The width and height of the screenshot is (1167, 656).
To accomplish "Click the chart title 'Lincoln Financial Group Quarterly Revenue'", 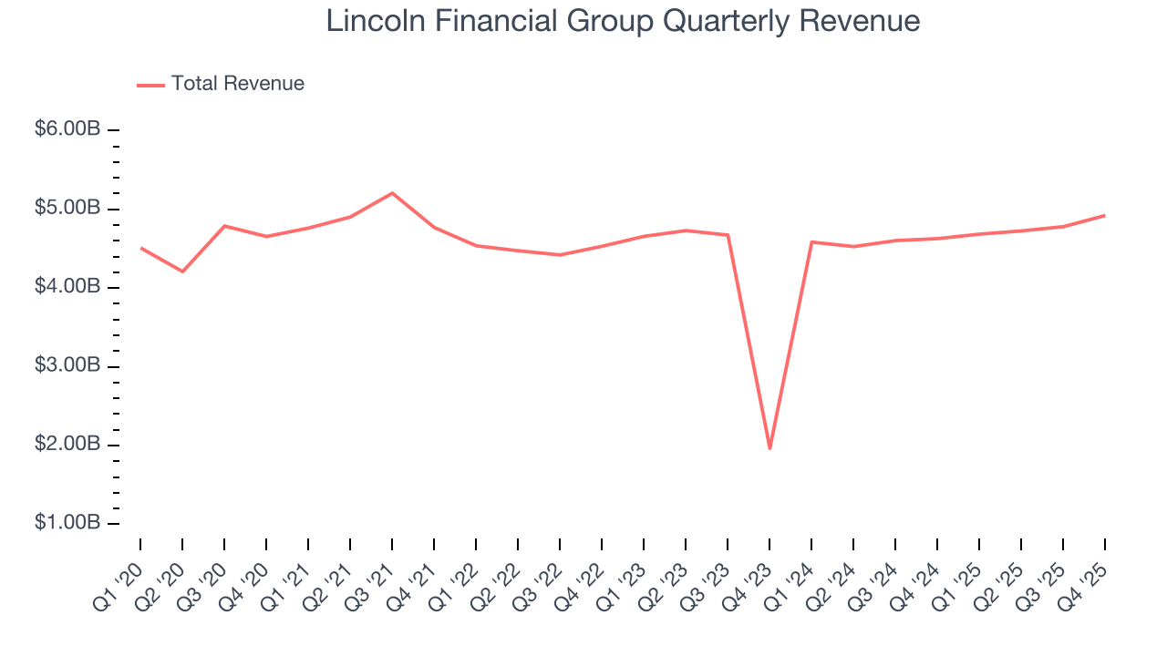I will click(x=623, y=22).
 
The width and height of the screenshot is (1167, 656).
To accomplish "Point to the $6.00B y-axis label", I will click(x=67, y=130).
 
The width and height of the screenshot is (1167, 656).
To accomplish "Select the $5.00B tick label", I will click(x=67, y=209).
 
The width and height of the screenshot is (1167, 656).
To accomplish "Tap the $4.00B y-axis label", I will click(x=67, y=287).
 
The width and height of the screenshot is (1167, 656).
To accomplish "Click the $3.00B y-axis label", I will click(x=67, y=366).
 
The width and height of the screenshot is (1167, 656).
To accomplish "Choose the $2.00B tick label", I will click(x=67, y=445).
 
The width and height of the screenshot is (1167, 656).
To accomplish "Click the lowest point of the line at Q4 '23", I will click(x=769, y=448).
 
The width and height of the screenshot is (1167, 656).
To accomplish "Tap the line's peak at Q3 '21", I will click(x=392, y=193).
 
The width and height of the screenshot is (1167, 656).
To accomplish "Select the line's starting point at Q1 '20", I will click(x=140, y=248).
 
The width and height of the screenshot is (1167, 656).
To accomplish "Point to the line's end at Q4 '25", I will click(x=1105, y=215).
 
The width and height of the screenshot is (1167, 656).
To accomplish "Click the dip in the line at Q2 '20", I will click(x=182, y=272).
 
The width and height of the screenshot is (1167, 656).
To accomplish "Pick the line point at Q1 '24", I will click(x=811, y=241).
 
